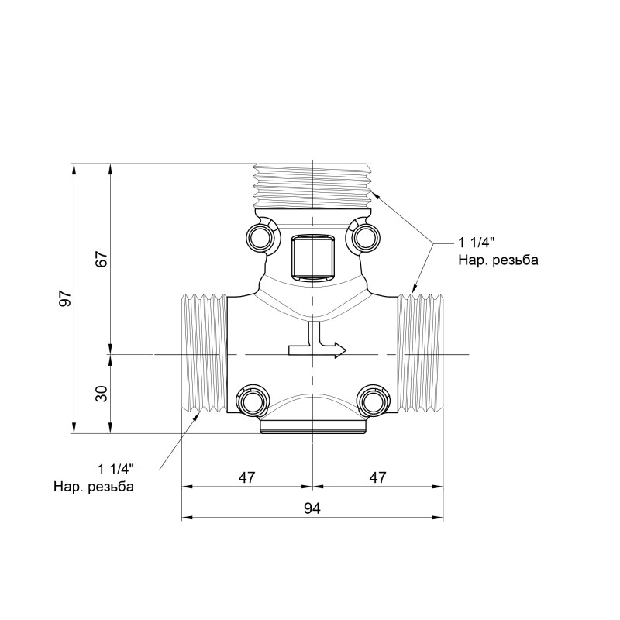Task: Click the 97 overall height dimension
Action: coord(67,298)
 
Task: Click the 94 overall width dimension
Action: coord(312,508)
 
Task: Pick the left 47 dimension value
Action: coord(246,477)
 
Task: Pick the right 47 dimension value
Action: coord(377,477)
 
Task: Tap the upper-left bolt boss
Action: coord(260,236)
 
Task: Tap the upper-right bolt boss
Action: coord(363,236)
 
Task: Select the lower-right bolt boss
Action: coord(372,400)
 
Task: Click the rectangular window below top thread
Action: coord(312,258)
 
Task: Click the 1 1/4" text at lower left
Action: coord(116,469)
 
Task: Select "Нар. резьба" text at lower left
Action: coord(94,487)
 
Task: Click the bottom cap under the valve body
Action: coord(312,429)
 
